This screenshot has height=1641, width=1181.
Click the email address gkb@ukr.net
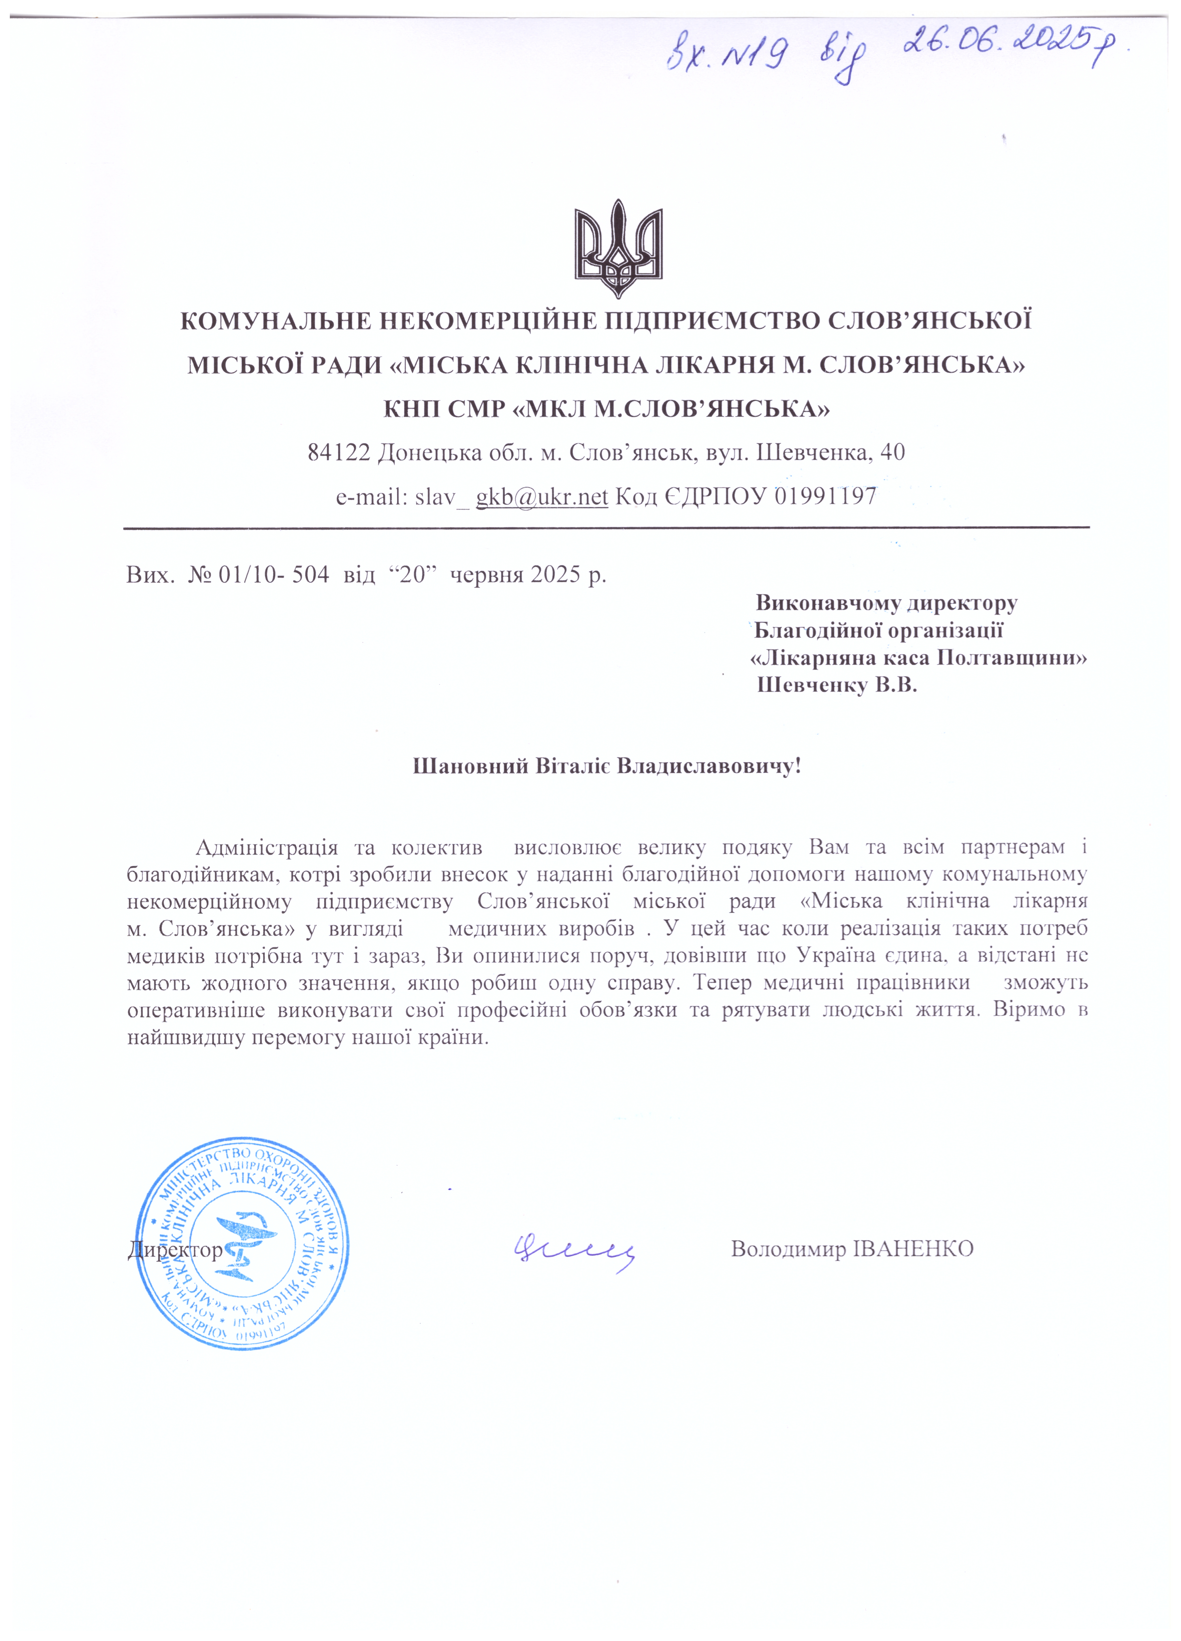pos(541,496)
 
